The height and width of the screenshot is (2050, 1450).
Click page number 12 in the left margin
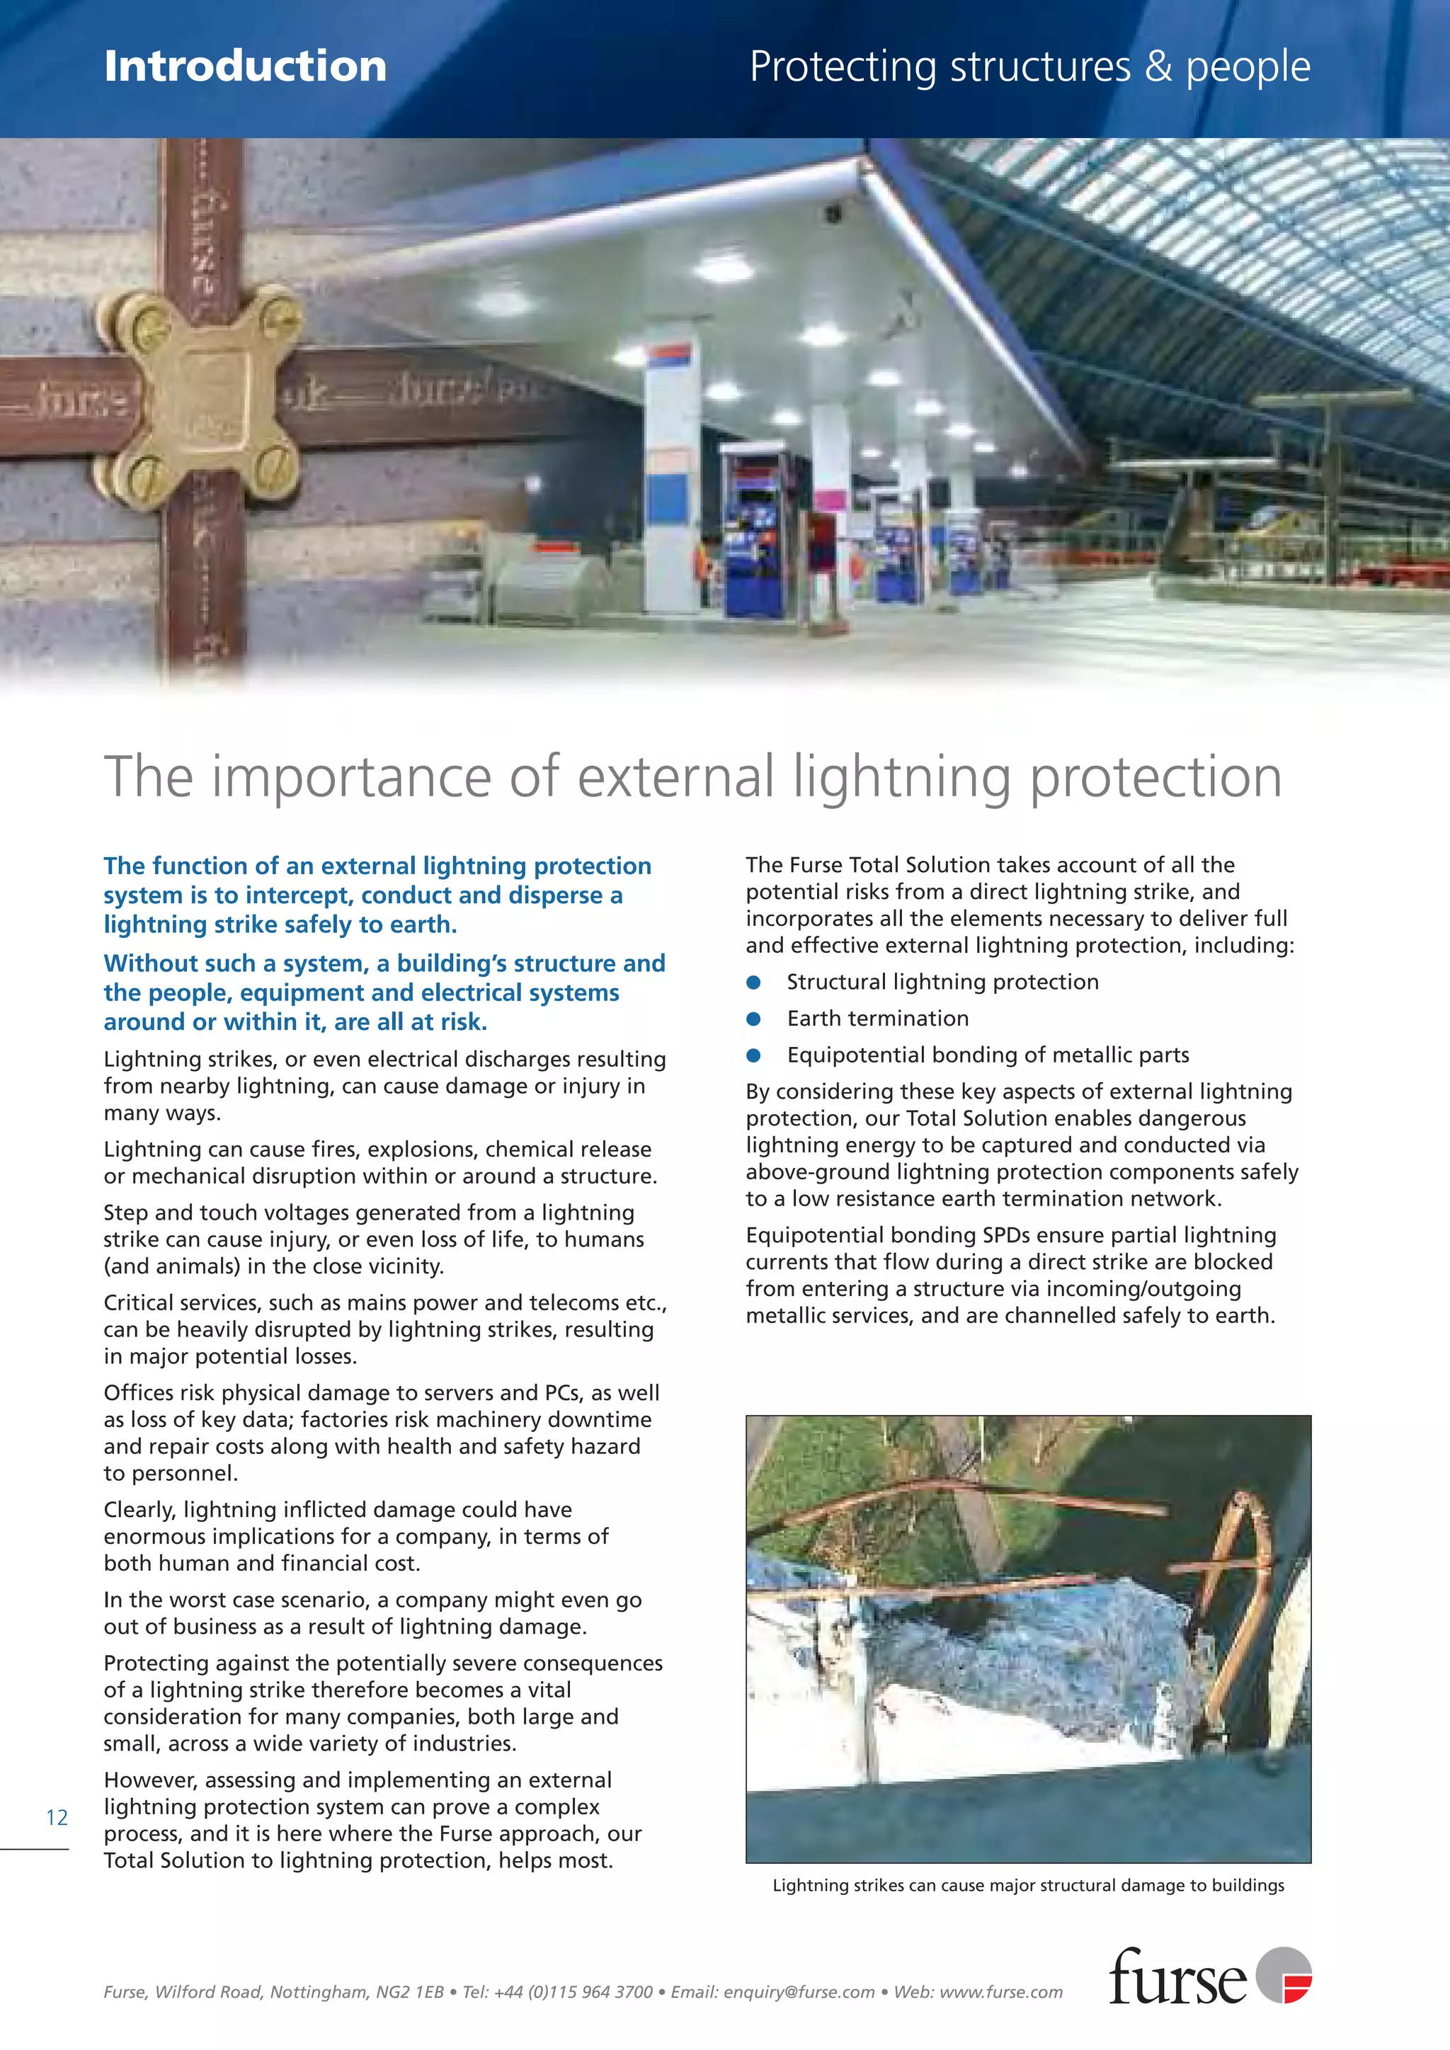56,1817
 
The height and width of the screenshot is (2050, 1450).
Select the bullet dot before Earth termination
753,1019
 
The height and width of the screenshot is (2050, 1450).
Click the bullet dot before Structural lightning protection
753,982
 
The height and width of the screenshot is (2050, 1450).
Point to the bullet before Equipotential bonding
753,1055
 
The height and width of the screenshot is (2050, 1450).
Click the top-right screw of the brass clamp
285,314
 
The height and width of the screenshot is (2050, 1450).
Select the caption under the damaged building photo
1028,1885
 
